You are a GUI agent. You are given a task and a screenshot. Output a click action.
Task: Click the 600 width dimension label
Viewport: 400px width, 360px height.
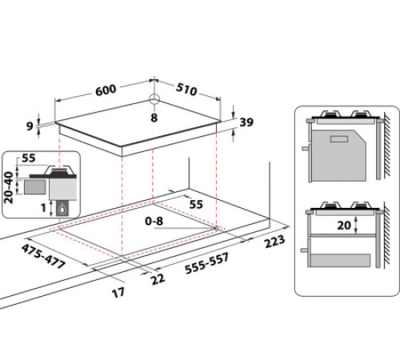106,90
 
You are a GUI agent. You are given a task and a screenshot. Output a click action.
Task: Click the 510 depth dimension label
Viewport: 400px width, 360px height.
186,89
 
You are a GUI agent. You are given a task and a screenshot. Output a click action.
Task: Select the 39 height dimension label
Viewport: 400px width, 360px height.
246,122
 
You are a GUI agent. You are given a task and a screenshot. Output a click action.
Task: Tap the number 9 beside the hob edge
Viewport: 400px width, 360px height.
30,126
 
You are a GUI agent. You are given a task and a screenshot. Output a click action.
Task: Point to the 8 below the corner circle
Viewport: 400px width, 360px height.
154,118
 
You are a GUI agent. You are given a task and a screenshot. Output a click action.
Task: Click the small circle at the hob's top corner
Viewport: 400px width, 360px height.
154,99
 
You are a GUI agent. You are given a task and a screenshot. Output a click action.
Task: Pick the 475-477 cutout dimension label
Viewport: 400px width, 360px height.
43,256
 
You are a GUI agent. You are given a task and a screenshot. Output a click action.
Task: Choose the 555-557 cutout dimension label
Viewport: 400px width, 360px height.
207,263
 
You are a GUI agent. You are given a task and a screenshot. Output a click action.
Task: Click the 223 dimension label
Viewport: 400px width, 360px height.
274,242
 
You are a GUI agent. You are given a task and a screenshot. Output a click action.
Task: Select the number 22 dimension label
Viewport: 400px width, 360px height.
158,279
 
